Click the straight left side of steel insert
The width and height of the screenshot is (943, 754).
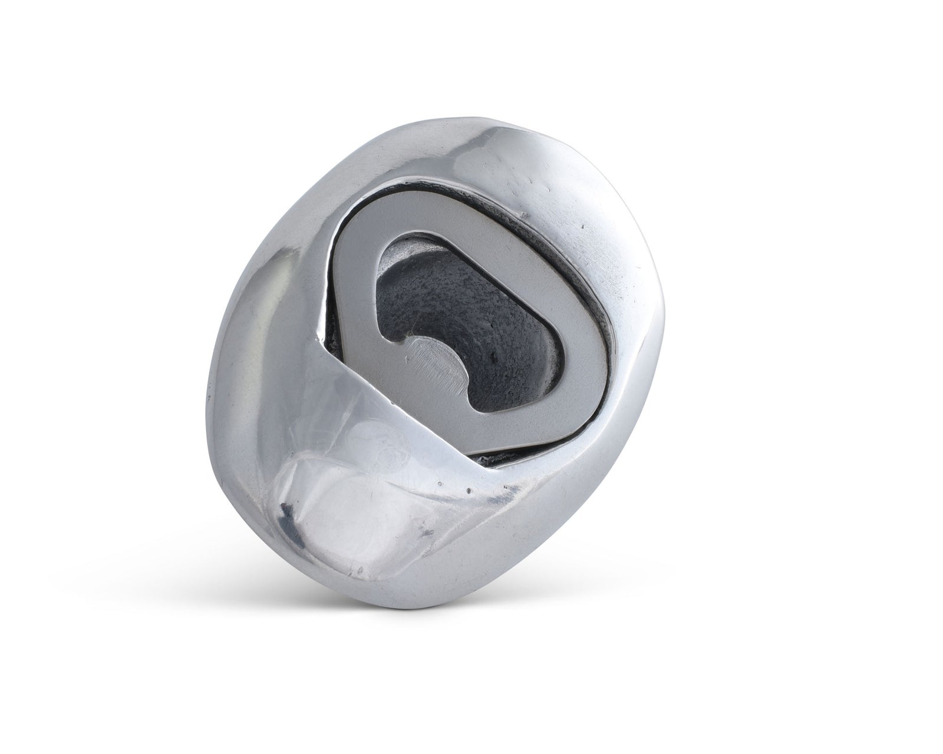pyautogui.click(x=354, y=295)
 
